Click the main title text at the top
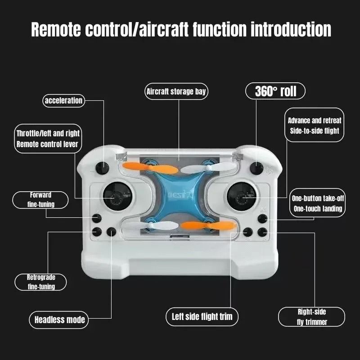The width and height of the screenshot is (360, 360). tap(181, 30)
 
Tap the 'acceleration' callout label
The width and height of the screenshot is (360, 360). tap(63, 100)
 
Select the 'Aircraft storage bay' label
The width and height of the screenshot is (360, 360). tap(176, 92)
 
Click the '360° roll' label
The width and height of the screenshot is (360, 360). tap(275, 91)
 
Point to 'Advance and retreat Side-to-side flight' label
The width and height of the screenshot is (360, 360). tap(315, 126)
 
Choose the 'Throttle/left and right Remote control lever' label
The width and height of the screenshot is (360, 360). tap(48, 139)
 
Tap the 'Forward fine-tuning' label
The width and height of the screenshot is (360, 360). tap(41, 200)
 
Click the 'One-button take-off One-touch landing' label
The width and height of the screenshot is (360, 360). tap(317, 203)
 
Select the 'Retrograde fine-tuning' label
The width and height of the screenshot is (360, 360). tap(41, 282)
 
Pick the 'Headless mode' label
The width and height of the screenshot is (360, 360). tap(59, 320)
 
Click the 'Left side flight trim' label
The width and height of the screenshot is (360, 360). tap(202, 316)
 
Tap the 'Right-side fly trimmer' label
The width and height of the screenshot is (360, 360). tap(312, 316)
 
